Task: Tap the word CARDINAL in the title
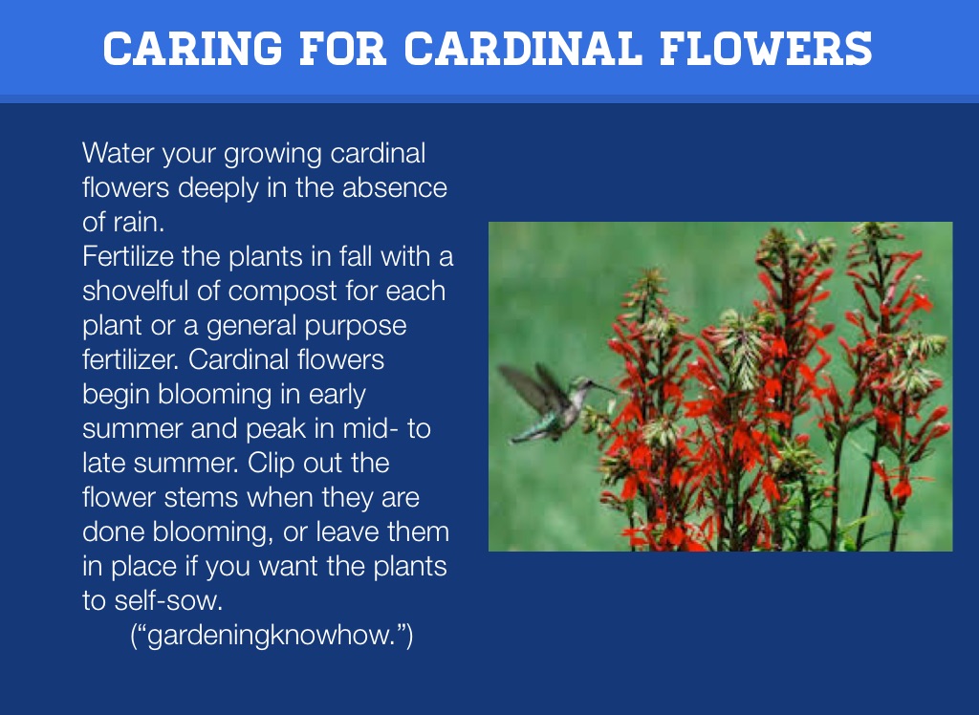[523, 49]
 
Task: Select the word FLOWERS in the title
[766, 49]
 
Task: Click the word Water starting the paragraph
[118, 153]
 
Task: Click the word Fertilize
[128, 256]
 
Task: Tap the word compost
[283, 292]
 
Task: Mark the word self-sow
[168, 600]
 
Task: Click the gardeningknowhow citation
[272, 636]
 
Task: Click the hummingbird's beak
[604, 388]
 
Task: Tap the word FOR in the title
[343, 49]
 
